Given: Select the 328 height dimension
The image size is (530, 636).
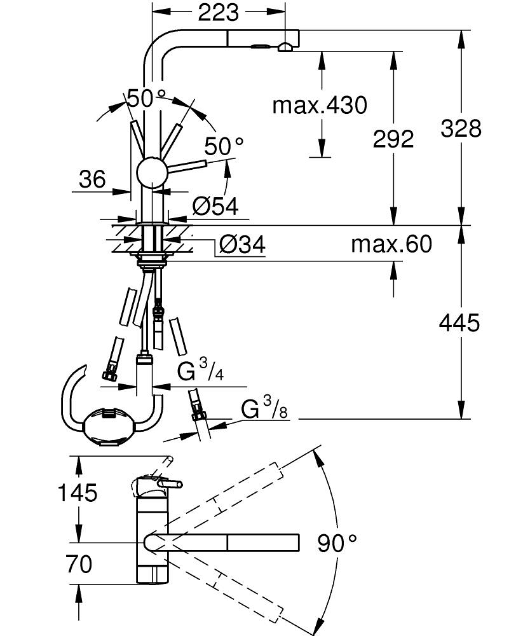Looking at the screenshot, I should tap(461, 128).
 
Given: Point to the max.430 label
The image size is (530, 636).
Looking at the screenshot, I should tap(320, 105).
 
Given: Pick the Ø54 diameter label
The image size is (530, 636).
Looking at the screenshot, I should tap(215, 205).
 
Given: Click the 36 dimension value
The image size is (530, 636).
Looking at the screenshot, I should tap(92, 179).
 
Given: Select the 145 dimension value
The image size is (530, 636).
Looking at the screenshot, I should tap(78, 492).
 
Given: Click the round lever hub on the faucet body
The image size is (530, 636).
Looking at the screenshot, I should tap(152, 171).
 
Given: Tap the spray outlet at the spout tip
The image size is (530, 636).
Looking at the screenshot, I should tap(284, 46).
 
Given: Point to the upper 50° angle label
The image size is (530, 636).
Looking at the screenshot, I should tap(146, 98).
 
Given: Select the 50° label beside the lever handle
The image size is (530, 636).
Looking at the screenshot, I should tap(224, 146).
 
